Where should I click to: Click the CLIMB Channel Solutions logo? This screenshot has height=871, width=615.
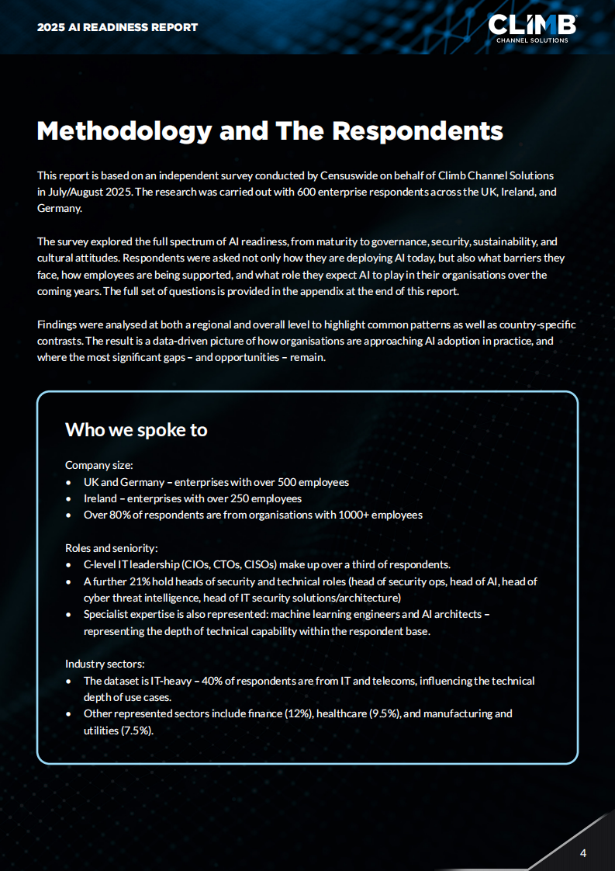click(532, 27)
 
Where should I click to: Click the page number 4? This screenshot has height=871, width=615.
click(583, 854)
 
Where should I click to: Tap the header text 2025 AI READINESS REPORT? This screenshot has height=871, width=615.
click(117, 27)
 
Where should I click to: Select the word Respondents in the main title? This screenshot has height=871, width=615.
click(417, 130)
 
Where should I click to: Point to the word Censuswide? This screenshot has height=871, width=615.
click(347, 176)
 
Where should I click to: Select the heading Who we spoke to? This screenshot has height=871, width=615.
click(136, 429)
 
